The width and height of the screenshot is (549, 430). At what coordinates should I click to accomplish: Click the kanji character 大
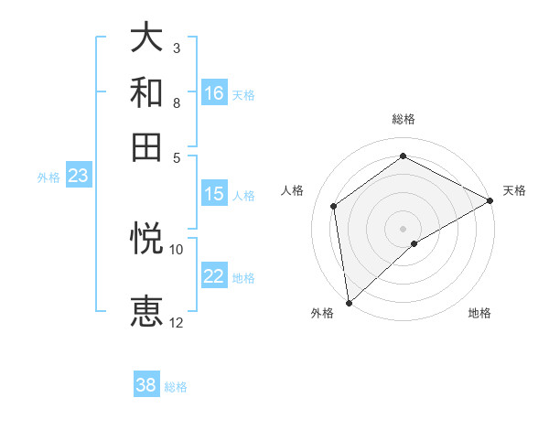tap(147, 39)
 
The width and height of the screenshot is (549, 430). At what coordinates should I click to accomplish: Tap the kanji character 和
tap(147, 93)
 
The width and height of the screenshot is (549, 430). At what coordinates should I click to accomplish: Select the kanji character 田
tap(147, 146)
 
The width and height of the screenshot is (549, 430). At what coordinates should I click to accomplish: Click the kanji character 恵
tap(147, 312)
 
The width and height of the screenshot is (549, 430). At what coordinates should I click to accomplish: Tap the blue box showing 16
tap(214, 93)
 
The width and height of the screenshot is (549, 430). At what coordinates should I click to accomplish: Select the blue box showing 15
tap(214, 194)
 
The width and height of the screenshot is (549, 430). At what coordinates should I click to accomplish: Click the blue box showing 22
tap(214, 276)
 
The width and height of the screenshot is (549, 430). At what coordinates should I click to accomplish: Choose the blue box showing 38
tap(146, 385)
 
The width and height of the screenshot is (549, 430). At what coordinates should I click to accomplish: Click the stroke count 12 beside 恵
tap(177, 322)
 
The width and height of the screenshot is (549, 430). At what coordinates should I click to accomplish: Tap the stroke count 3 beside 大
tap(177, 48)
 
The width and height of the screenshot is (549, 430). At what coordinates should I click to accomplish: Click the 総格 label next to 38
tap(176, 387)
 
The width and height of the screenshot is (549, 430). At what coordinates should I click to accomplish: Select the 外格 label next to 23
tap(48, 177)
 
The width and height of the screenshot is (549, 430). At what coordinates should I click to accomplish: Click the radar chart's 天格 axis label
tap(514, 190)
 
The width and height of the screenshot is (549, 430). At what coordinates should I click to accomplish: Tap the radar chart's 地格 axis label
tap(479, 313)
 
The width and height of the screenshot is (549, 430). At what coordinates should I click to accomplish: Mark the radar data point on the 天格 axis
tap(490, 200)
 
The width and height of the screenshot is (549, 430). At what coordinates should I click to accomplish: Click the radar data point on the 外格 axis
tap(349, 302)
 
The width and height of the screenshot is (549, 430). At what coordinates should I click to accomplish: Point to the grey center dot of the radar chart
tap(403, 228)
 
